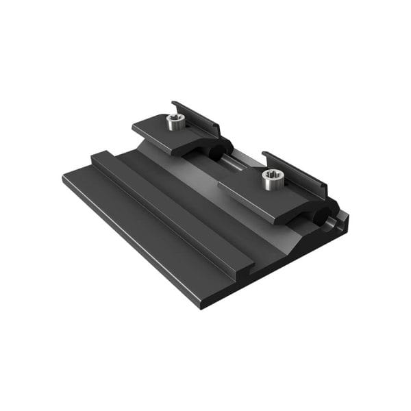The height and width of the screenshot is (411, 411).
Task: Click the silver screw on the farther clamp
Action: pyautogui.click(x=174, y=122)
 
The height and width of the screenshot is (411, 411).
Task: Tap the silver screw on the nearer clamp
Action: pyautogui.click(x=272, y=179)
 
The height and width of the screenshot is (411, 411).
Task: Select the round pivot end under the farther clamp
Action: pyautogui.click(x=221, y=150)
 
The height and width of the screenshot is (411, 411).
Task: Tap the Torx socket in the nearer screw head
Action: pyautogui.click(x=272, y=175)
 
